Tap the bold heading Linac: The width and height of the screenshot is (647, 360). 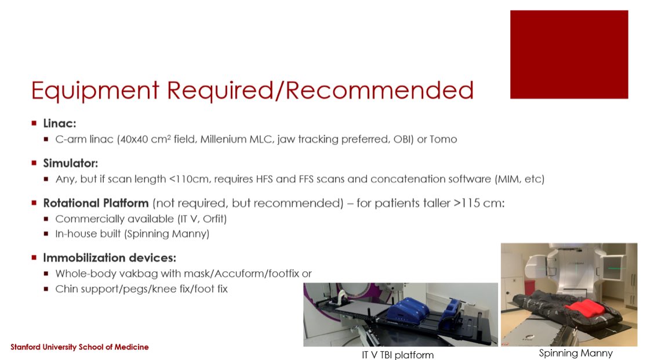[x=60, y=123]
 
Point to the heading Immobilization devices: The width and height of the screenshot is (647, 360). [x=110, y=257]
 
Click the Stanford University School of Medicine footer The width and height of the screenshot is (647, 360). [x=79, y=347]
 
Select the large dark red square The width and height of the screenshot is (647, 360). [x=569, y=54]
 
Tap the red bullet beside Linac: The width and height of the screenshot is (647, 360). [x=35, y=123]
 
